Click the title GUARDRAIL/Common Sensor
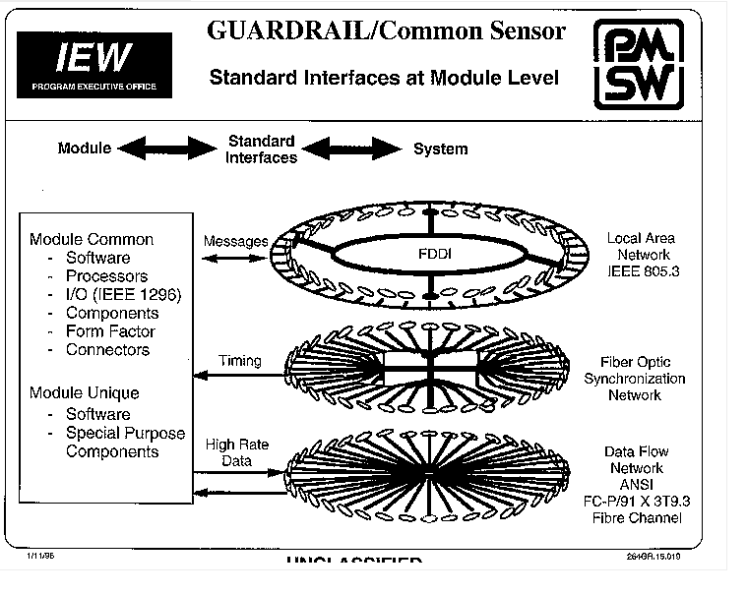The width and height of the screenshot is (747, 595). [x=387, y=30]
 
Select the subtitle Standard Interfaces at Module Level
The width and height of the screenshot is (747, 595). [x=384, y=79]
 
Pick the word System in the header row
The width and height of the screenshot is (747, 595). [x=440, y=149]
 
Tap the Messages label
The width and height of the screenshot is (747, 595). [x=235, y=241]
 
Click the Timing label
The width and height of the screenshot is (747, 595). [x=240, y=361]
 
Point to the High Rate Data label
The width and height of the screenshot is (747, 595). [x=236, y=452]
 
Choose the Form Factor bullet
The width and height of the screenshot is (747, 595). [x=109, y=331]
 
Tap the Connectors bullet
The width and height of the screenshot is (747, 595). [x=107, y=349]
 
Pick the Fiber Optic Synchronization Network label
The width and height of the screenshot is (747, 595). [x=643, y=379]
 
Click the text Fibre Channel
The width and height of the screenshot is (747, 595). [x=644, y=518]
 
